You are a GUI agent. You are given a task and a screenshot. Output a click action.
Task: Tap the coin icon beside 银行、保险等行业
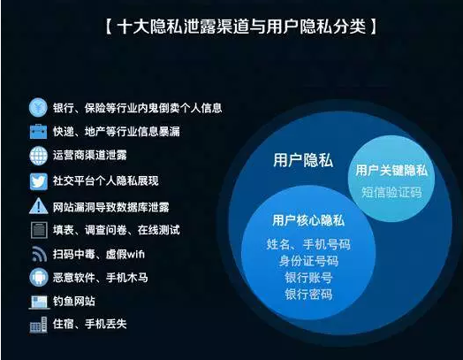(x=38, y=108)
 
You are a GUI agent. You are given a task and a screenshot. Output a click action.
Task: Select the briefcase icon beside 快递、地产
(x=38, y=132)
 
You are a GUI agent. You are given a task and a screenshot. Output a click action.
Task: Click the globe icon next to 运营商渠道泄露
(x=38, y=157)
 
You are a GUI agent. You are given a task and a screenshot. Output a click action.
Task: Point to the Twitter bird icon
(x=38, y=181)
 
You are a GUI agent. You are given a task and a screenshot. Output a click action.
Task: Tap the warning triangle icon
(x=38, y=206)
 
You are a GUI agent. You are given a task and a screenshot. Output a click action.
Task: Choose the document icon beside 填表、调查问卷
(x=38, y=230)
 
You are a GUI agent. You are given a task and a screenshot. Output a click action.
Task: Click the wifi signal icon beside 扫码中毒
(x=38, y=254)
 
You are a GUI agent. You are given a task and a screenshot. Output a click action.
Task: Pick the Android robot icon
(x=38, y=278)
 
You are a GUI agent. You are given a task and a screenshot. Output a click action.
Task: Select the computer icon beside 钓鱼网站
(x=38, y=302)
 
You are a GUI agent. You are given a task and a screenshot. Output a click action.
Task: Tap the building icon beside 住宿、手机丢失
(x=38, y=325)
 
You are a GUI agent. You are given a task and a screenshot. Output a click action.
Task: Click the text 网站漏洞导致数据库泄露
(x=118, y=206)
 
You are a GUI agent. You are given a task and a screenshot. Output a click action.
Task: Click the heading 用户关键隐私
(x=390, y=169)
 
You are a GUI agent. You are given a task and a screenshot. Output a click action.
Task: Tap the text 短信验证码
(x=391, y=191)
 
